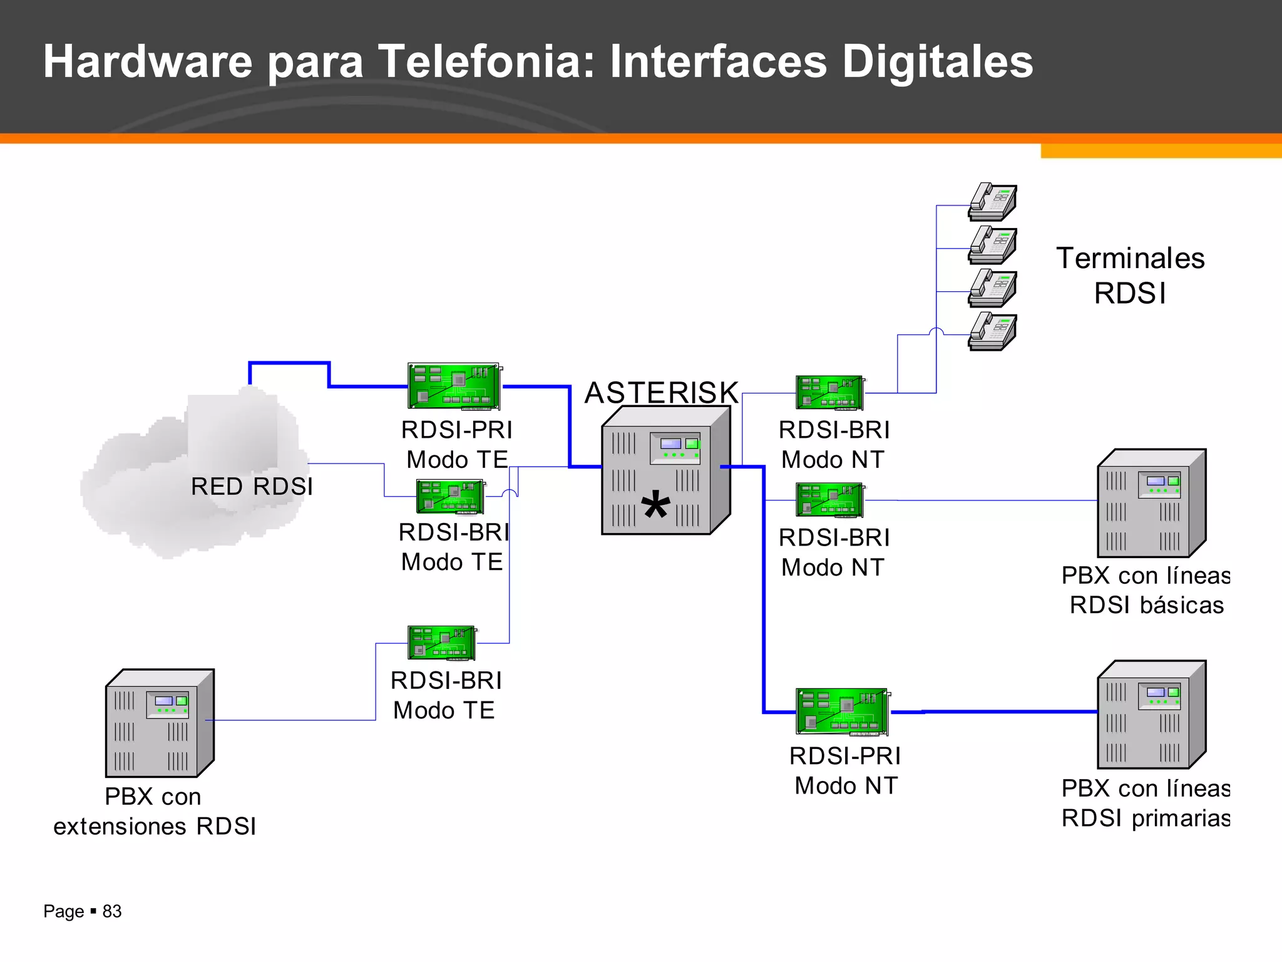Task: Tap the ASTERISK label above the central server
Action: click(661, 393)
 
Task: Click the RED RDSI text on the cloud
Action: click(252, 487)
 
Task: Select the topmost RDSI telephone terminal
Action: click(993, 202)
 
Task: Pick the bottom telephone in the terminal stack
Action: click(993, 332)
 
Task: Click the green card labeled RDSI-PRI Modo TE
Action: click(454, 386)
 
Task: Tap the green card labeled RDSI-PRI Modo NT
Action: click(842, 711)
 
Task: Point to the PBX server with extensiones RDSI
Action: click(160, 723)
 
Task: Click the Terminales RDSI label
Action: click(1130, 276)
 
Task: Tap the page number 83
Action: click(112, 911)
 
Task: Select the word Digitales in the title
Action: click(937, 61)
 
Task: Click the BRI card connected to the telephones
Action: click(830, 393)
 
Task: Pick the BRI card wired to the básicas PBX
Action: click(830, 500)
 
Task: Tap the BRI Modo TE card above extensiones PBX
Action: click(442, 643)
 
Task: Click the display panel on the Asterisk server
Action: click(675, 448)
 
